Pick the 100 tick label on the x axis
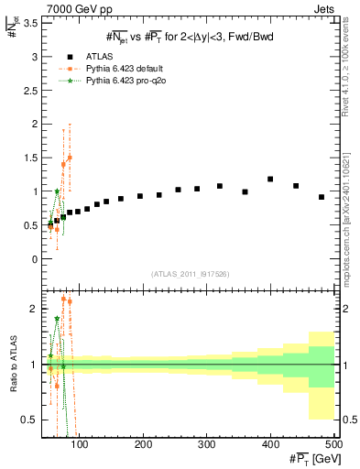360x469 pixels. click(80, 445)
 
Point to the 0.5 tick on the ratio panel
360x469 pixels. click(29, 420)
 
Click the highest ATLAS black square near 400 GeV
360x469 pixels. click(270, 180)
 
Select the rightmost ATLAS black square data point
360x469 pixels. click(322, 197)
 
